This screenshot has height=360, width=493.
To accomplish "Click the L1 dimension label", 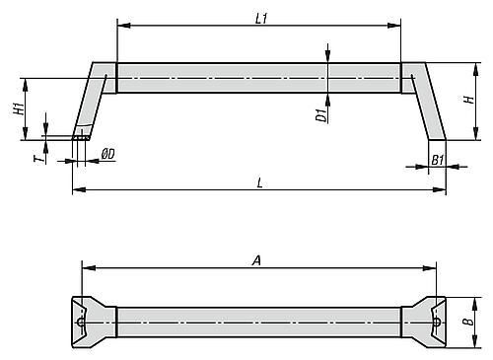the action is click(261, 19).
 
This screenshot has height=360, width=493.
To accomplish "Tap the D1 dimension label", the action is click(321, 114).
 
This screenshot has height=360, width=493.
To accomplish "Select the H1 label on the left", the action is click(19, 108).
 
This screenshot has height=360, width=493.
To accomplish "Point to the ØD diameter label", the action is click(108, 154).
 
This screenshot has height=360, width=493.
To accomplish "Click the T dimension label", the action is click(38, 159).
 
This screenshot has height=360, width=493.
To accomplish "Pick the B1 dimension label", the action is click(438, 160).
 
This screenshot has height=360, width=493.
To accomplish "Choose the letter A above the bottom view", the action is click(256, 260).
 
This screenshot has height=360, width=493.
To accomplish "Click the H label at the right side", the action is click(469, 100).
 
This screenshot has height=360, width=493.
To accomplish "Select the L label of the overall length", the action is click(259, 182).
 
